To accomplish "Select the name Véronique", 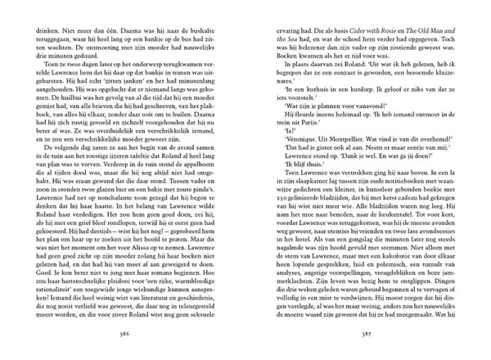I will [x=283, y=153].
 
